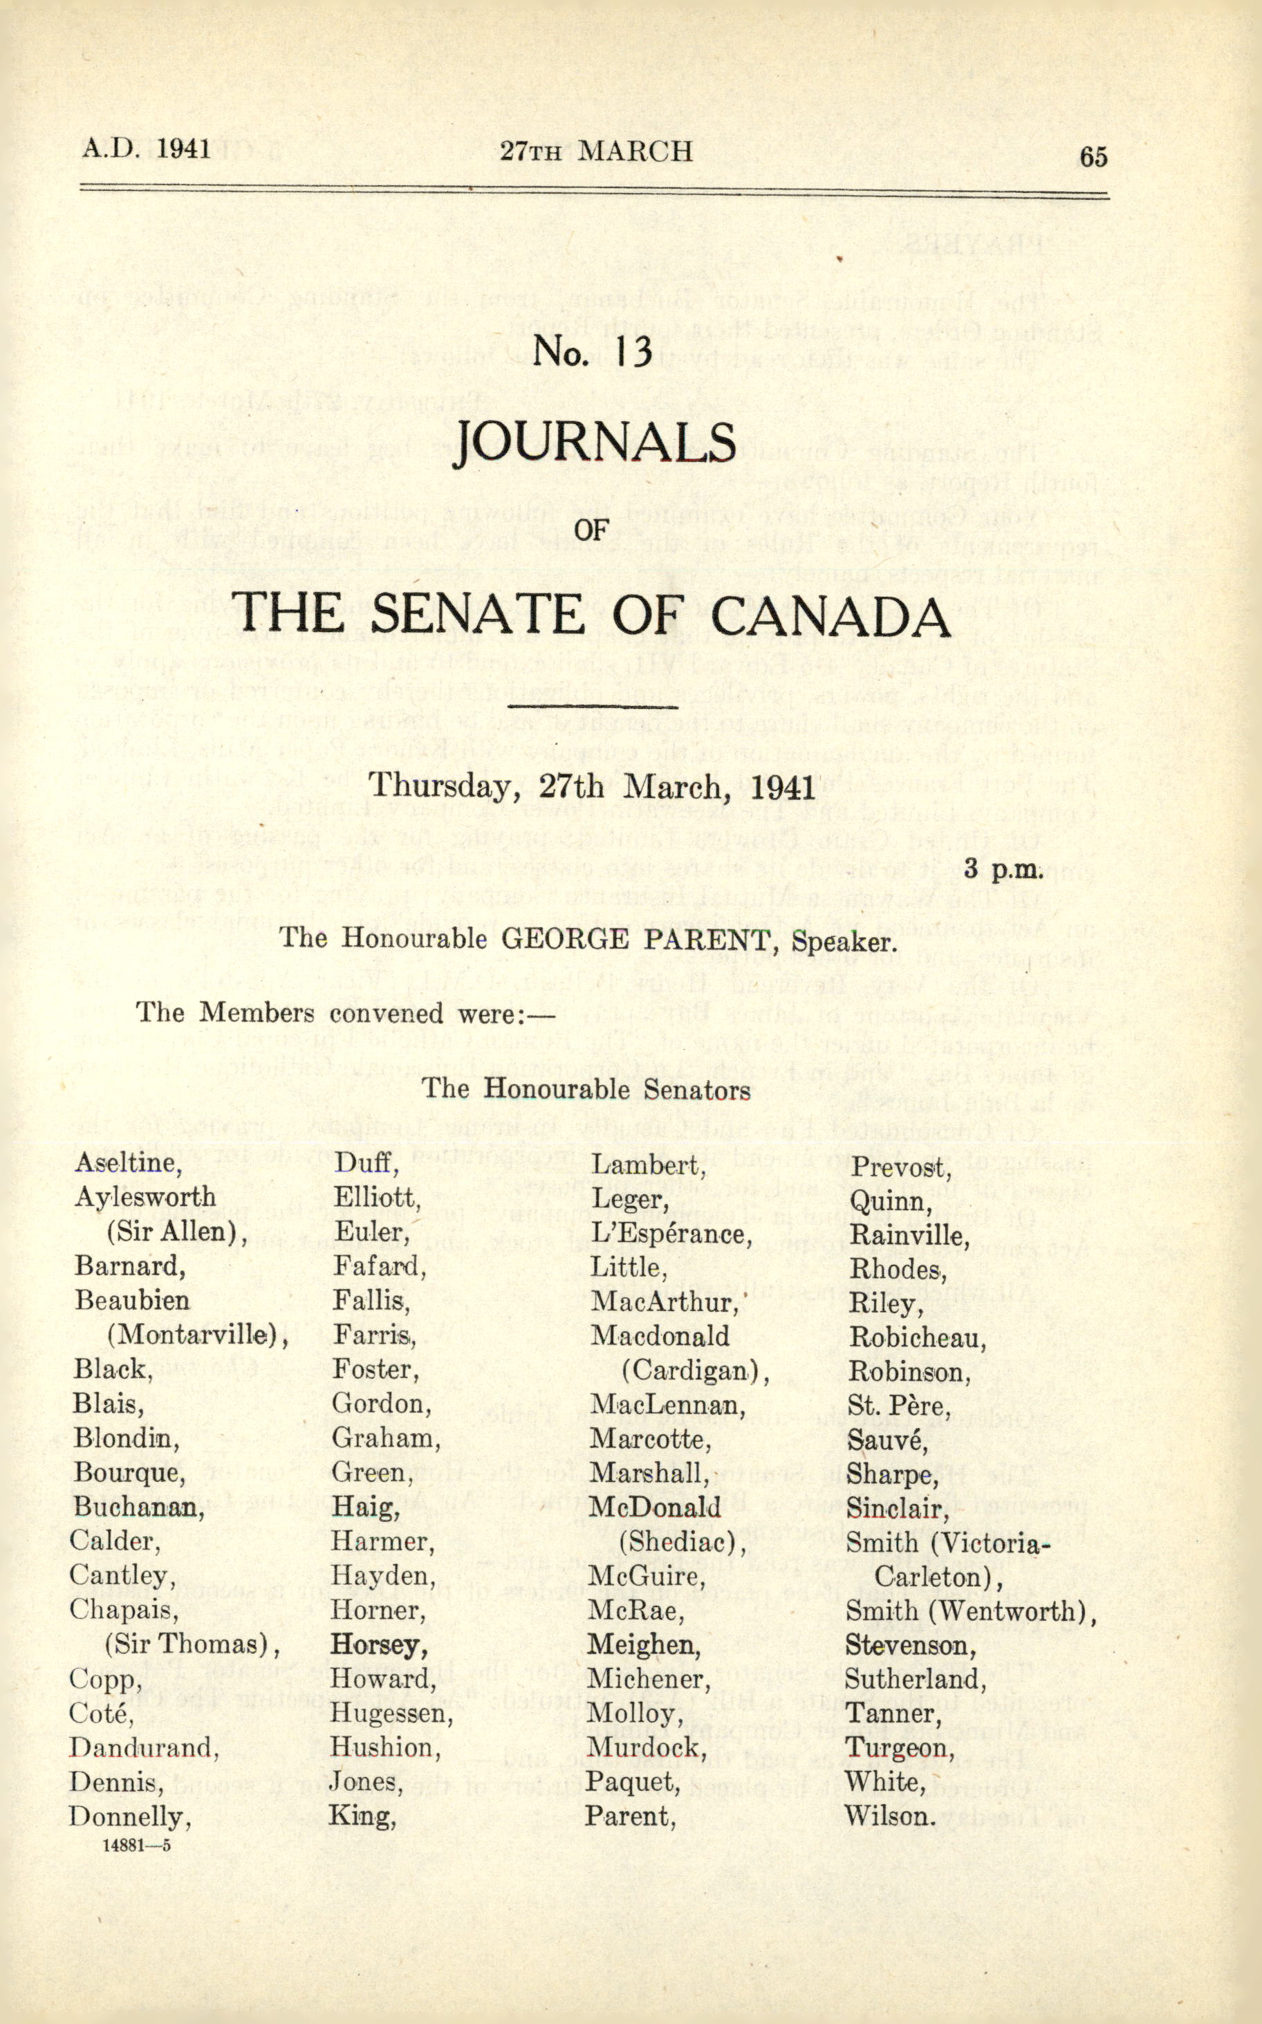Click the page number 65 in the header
coord(1093,156)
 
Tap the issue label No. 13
coord(592,351)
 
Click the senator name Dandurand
coord(144,1747)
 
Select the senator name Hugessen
coord(391,1713)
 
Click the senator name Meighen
coord(644,1644)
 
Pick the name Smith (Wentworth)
coord(970,1611)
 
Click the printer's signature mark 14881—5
coord(136,1844)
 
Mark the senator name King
coord(362,1816)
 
